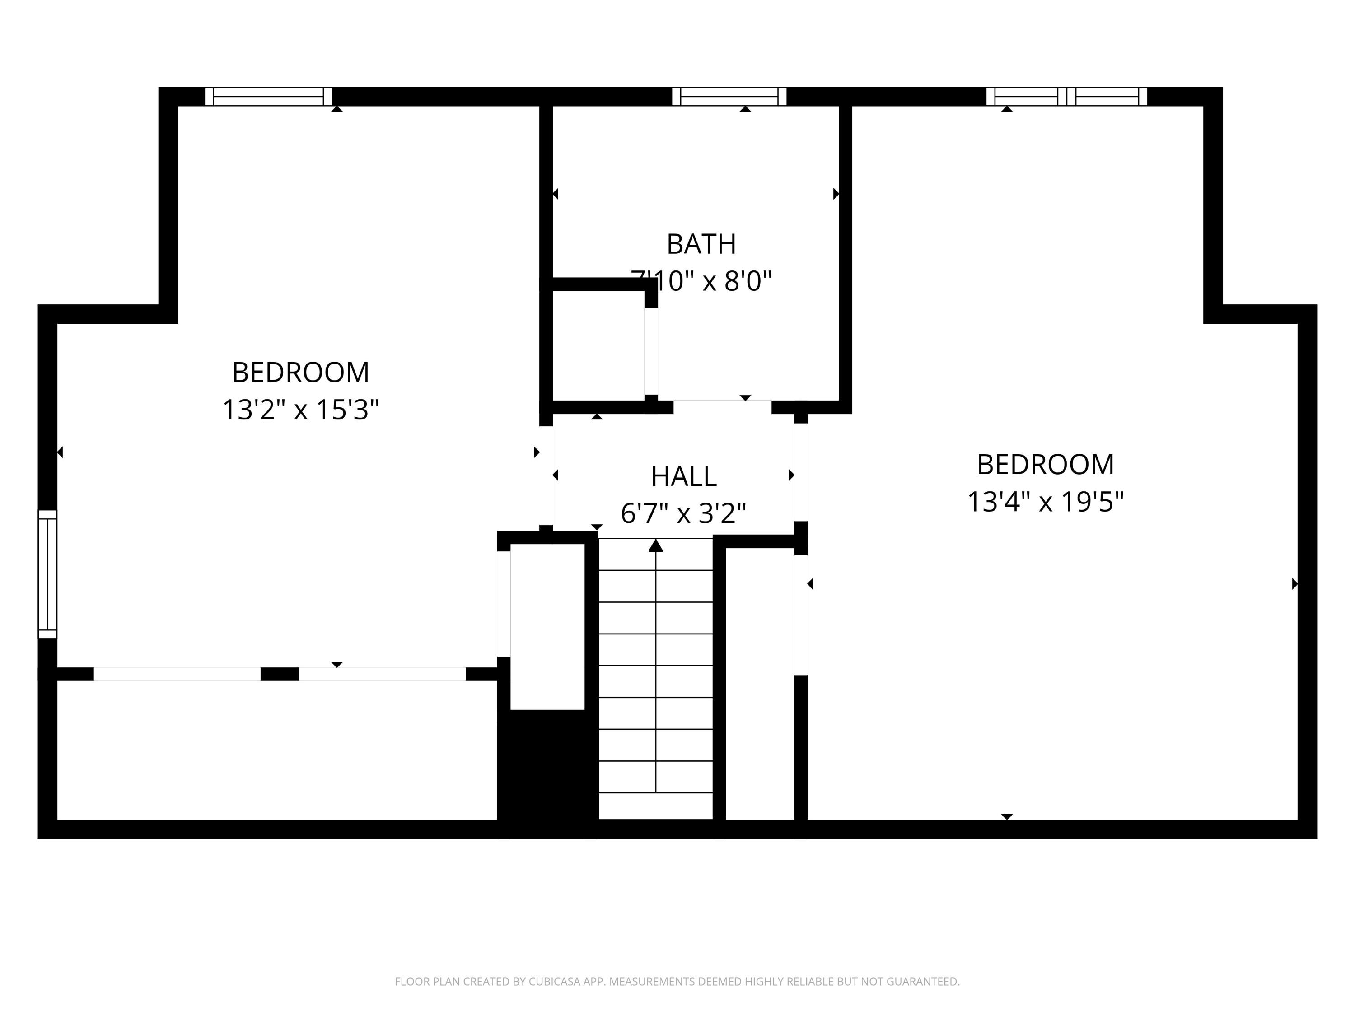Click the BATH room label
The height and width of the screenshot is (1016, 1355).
701,244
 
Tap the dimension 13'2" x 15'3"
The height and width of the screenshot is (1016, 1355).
300,410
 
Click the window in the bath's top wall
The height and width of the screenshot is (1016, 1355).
729,96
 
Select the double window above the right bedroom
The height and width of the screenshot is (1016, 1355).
1066,96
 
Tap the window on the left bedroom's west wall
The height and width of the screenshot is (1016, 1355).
47,574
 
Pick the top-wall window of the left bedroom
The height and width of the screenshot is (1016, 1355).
268,96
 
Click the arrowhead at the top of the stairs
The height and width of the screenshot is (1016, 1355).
655,545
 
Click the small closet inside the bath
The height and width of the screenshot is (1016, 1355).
598,346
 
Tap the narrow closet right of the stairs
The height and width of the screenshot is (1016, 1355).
760,683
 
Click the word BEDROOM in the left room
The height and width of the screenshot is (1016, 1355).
300,373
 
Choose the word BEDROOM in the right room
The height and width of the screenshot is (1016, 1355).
1045,464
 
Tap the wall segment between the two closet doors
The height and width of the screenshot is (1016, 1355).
279,674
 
